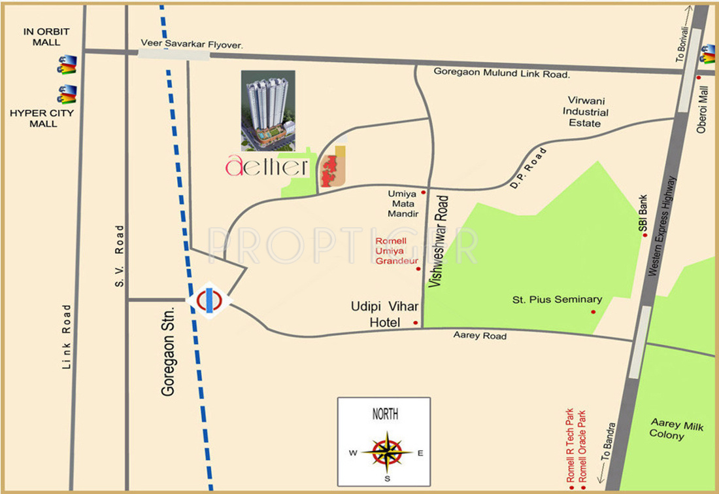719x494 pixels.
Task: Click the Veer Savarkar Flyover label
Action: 192,45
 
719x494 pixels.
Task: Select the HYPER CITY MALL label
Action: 42,118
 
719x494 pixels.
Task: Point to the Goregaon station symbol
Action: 209,300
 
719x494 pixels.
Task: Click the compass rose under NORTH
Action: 386,451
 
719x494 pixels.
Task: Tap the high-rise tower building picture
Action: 268,110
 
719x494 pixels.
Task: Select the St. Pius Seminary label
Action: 556,300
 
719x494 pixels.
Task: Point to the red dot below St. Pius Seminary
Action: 594,311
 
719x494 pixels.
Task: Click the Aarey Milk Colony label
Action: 677,430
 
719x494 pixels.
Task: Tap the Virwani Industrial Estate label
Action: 586,112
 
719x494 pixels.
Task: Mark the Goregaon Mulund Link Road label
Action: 502,74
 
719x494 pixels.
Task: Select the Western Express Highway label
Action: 668,226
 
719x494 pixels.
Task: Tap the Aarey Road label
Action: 480,336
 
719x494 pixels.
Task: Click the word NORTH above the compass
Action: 385,414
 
